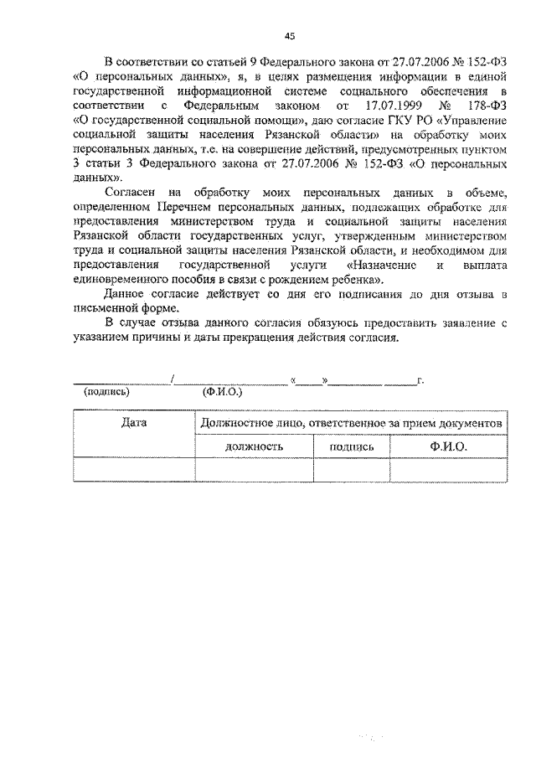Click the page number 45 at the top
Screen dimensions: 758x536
click(x=289, y=35)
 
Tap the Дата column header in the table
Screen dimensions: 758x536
click(x=134, y=423)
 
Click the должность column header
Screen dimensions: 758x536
click(x=254, y=447)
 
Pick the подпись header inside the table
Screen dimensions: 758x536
click(x=351, y=447)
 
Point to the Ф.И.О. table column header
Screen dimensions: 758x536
click(x=448, y=447)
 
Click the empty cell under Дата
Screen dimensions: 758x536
click(x=134, y=471)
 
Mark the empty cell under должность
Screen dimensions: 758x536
click(x=254, y=471)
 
